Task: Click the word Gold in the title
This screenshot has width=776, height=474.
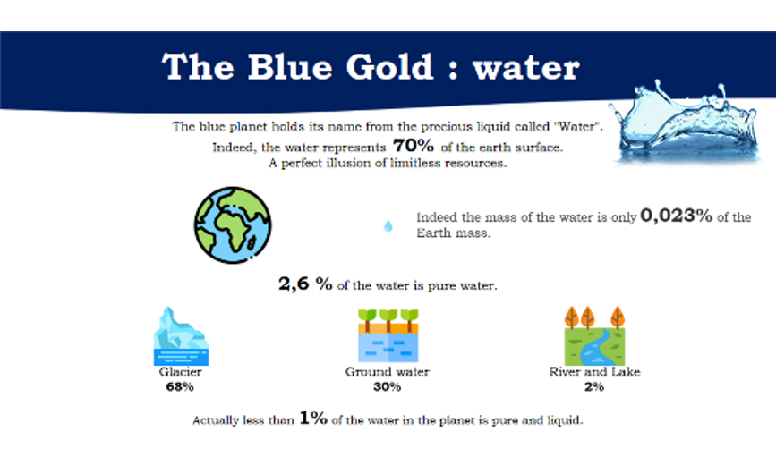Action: (x=389, y=67)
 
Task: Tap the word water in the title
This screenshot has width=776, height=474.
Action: (x=526, y=68)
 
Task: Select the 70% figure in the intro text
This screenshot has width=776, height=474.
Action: (x=414, y=146)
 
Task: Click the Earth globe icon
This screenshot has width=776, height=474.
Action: (x=233, y=224)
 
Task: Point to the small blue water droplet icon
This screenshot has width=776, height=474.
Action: (x=388, y=226)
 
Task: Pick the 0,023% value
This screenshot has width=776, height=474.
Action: (x=677, y=216)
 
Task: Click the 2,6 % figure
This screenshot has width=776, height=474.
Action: (x=305, y=284)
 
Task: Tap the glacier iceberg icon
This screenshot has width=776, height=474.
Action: (x=181, y=336)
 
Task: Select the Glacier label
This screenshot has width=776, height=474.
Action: (x=180, y=372)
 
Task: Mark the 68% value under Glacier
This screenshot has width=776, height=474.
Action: (x=180, y=387)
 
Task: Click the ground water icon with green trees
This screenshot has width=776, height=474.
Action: (x=388, y=336)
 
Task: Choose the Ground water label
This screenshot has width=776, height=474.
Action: (x=388, y=372)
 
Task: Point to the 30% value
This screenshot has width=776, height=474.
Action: (x=387, y=387)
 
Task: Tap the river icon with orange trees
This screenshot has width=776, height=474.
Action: (x=595, y=336)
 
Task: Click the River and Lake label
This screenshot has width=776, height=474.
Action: (x=595, y=372)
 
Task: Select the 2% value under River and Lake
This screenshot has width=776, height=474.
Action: (x=594, y=387)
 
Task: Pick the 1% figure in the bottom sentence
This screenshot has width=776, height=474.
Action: (x=313, y=419)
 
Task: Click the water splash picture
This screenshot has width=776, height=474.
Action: (x=686, y=123)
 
